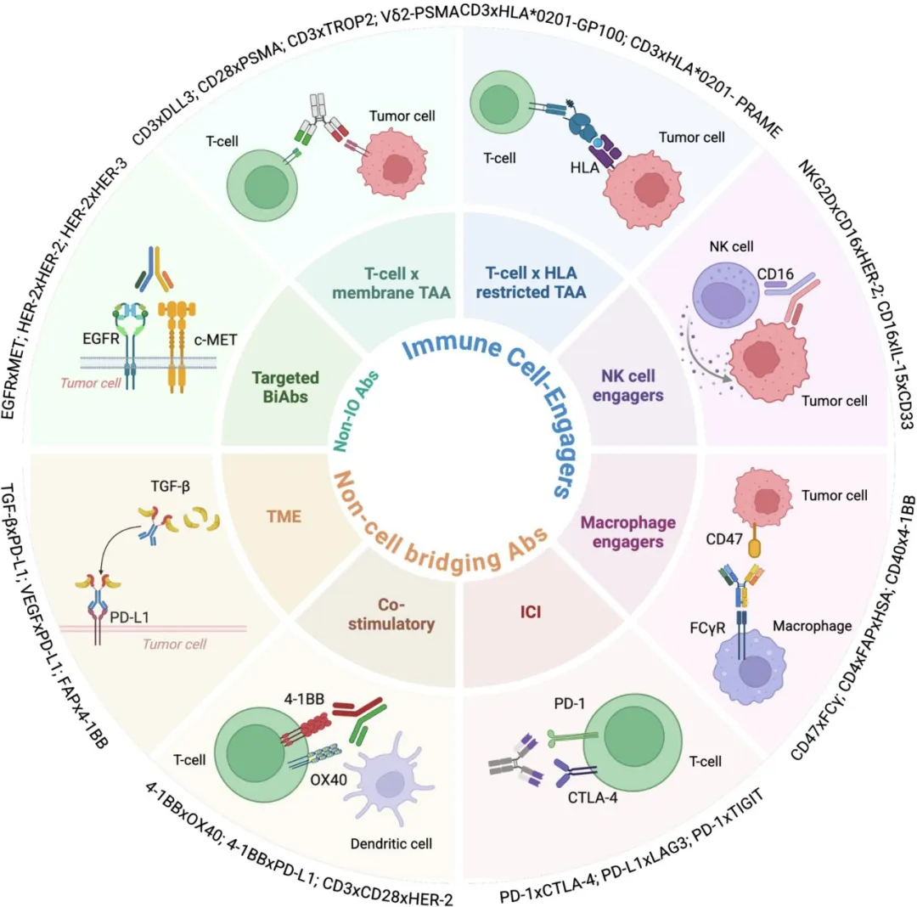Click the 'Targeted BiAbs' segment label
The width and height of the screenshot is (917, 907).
tap(285, 387)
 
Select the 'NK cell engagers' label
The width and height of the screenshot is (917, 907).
tap(628, 386)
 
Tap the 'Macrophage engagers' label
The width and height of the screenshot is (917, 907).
tap(628, 532)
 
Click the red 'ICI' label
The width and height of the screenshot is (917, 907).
tap(531, 611)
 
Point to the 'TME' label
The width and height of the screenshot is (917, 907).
tap(284, 516)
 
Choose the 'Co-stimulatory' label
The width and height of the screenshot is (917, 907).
tap(391, 614)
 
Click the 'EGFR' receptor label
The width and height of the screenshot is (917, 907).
tap(100, 338)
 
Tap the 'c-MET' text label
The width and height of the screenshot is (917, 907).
tap(215, 339)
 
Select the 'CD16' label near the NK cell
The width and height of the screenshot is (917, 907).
tap(775, 273)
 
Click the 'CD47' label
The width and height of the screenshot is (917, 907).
tap(724, 538)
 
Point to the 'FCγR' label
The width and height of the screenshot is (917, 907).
tap(707, 628)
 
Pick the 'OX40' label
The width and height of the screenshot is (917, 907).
tap(329, 780)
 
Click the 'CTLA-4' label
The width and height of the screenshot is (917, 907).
tap(593, 797)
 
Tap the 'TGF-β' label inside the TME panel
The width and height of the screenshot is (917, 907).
tap(170, 486)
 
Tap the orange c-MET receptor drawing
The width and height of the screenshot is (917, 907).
tap(177, 345)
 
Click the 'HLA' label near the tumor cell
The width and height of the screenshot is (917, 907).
tap(585, 168)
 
